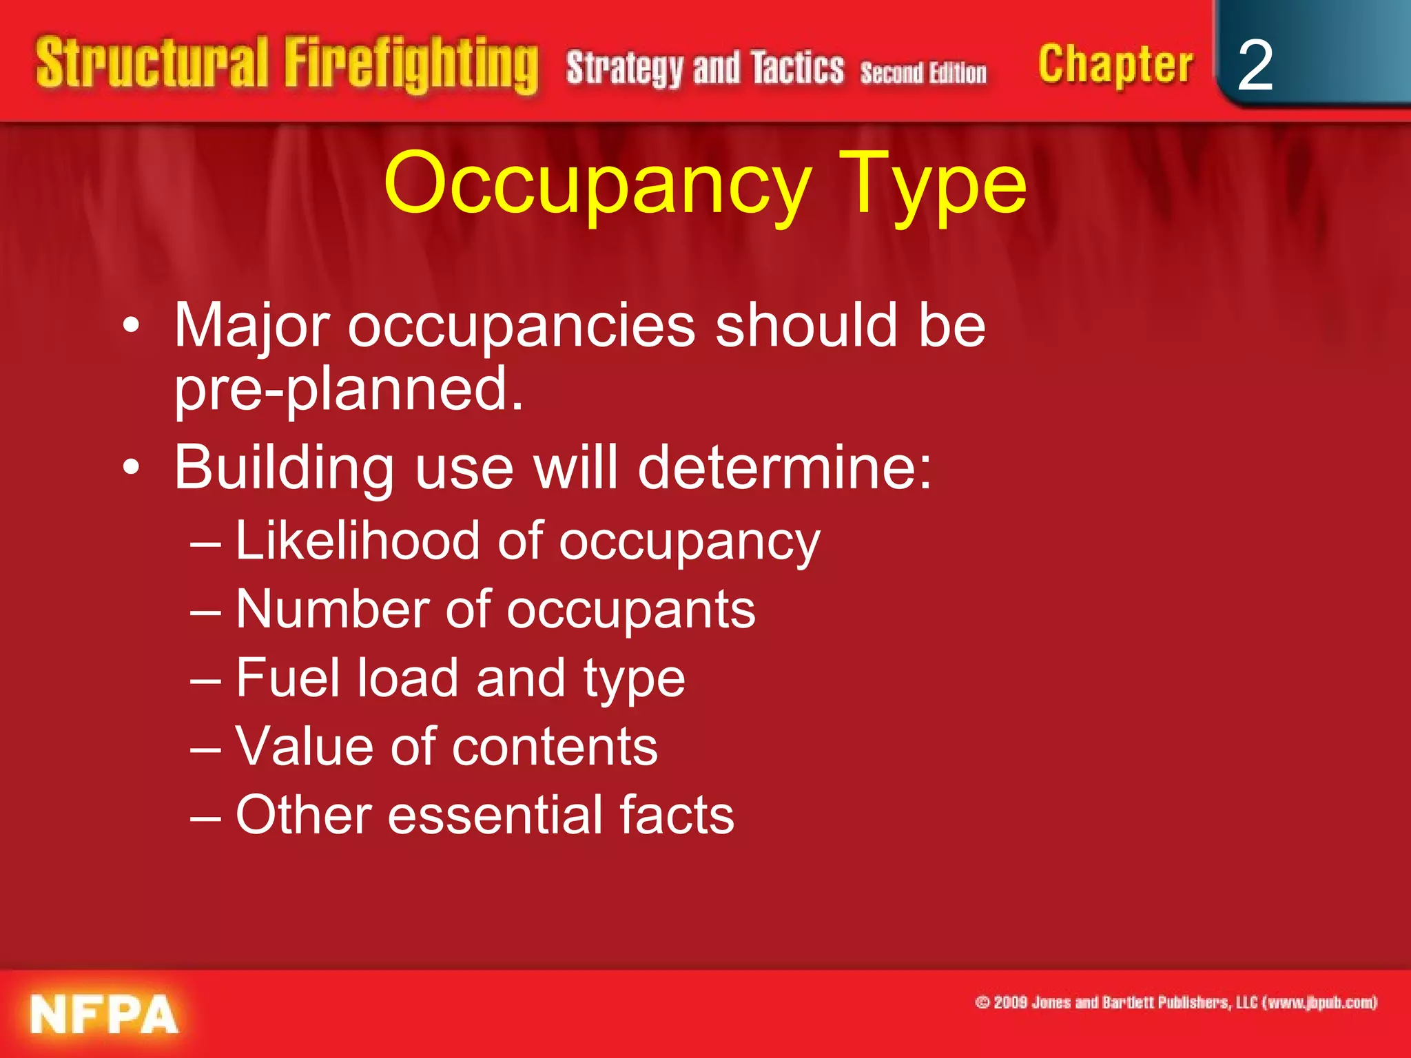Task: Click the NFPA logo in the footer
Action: [x=104, y=1014]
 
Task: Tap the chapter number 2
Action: [x=1255, y=65]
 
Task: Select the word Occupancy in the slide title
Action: [x=597, y=185]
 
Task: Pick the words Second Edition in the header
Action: [x=923, y=72]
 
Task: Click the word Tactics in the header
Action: [x=797, y=68]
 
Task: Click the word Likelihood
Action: [x=357, y=541]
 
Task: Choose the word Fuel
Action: [x=287, y=678]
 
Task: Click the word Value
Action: [x=304, y=746]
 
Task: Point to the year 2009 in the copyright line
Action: [x=1011, y=1002]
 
